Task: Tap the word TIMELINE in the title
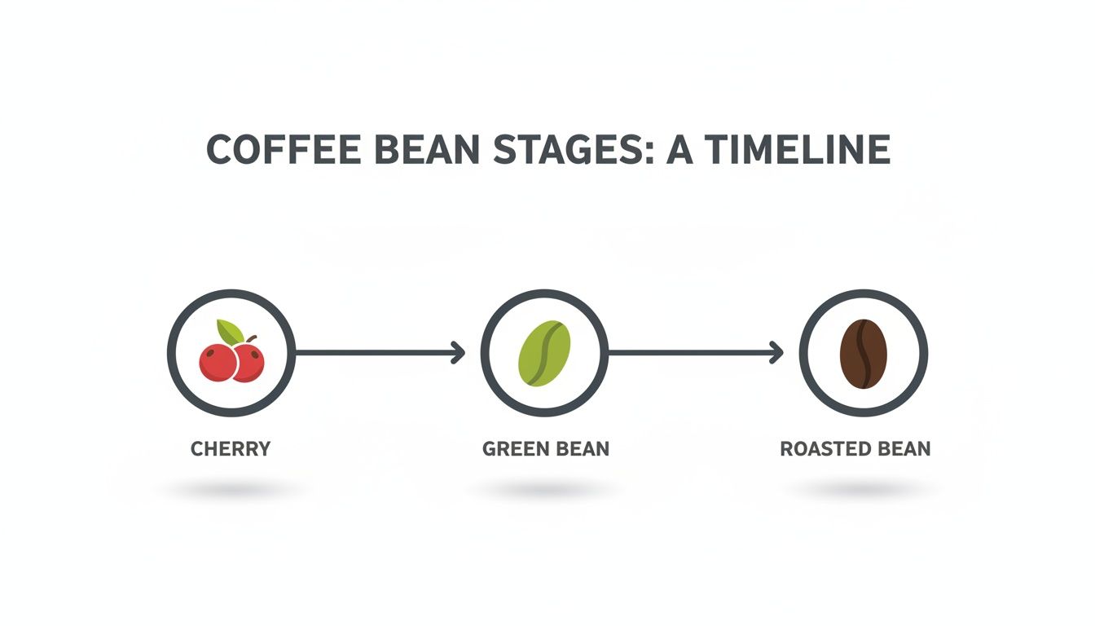click(798, 151)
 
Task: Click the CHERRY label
click(231, 449)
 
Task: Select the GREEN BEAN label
click(546, 449)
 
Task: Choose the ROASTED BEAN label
click(855, 449)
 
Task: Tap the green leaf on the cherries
click(230, 332)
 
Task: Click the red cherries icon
click(231, 361)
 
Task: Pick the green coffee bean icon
click(545, 353)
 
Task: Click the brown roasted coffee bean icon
click(864, 354)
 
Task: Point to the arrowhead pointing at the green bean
click(459, 353)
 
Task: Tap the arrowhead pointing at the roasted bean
click(776, 353)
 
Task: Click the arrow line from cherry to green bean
click(375, 353)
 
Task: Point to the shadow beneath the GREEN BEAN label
click(544, 491)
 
